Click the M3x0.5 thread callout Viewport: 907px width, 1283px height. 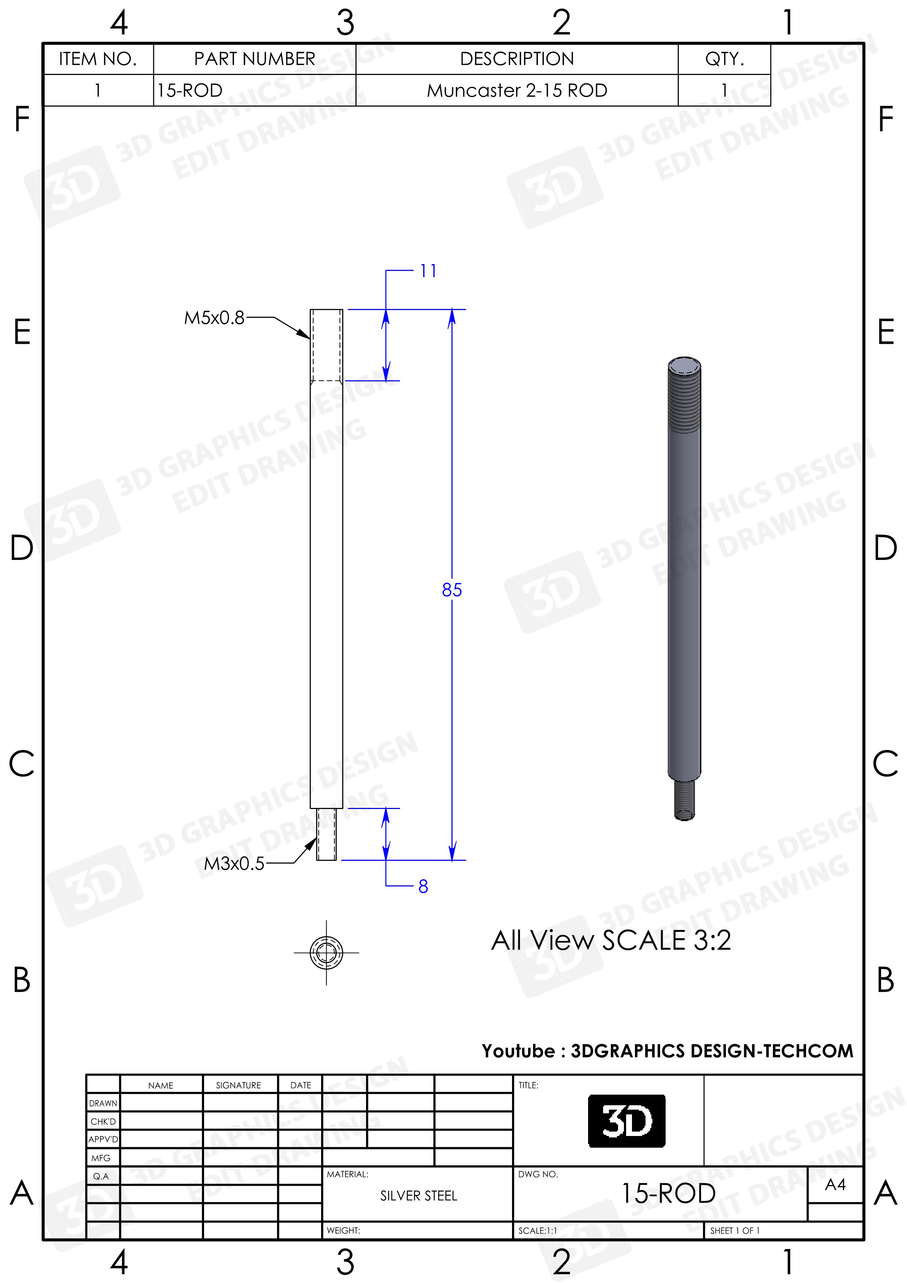pos(234,864)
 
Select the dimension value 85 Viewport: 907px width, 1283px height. pos(452,590)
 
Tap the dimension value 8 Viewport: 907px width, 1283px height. pos(423,886)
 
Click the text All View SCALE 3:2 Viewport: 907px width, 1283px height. pos(611,940)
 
